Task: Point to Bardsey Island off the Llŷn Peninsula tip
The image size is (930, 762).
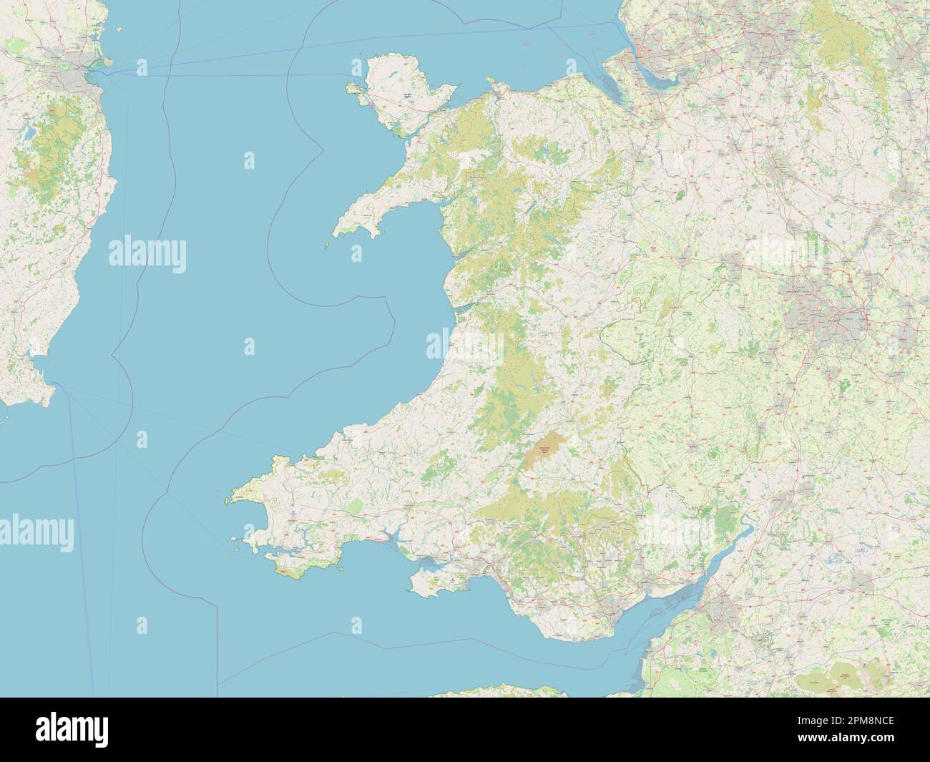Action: click(x=327, y=245)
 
